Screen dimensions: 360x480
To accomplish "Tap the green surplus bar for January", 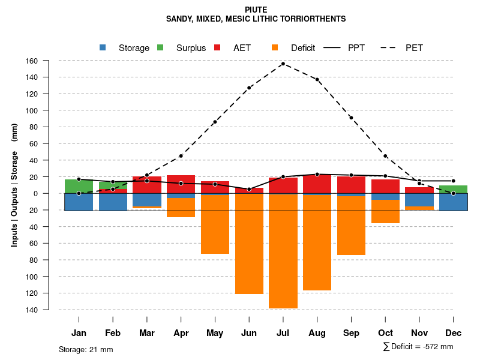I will coord(79,186).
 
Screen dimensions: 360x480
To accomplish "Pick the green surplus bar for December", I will coord(454,189).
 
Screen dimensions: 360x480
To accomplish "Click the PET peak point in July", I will coord(283,64).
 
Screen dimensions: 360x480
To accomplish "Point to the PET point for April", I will coord(181,156).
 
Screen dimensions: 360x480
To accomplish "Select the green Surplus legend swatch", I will coord(160,47).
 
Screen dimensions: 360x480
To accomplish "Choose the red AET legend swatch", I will coord(218,47).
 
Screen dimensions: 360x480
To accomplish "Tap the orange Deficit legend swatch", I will coord(275,47).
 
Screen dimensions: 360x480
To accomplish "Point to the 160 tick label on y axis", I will coord(49,61).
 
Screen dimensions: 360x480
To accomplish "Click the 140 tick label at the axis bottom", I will coord(49,310).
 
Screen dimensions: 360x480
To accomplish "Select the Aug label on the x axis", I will coord(317,333).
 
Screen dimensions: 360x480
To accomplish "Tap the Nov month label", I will coord(419,333).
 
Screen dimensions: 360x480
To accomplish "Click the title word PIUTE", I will coord(256,10).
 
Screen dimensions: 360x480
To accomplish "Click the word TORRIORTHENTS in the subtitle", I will coord(316,19).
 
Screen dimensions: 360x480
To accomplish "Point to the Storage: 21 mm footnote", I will coord(86,349).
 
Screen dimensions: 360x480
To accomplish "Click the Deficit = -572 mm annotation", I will coord(418,347).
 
